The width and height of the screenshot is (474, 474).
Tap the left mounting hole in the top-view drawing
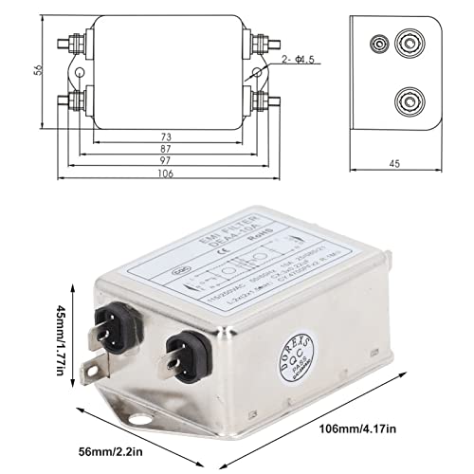point(80,73)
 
